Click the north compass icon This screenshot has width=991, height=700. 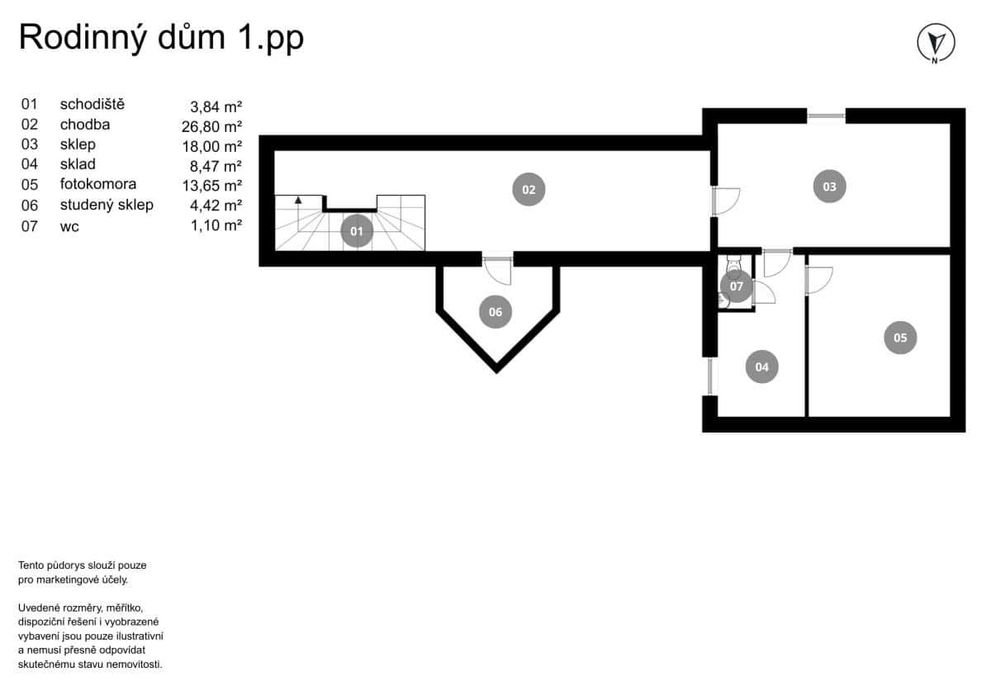coord(936,42)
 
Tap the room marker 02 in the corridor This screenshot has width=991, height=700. coord(529,189)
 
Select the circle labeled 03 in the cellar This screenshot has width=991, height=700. coord(829,187)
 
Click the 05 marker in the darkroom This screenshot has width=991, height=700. coord(900,337)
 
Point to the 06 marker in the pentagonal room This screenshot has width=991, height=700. coord(495,312)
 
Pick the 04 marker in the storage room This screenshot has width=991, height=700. coord(761,366)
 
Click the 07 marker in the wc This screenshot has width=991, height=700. coord(736,286)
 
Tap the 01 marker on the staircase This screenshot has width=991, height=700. coord(357,232)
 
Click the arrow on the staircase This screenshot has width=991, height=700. coord(298,201)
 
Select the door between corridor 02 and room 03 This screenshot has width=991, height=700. coord(724,201)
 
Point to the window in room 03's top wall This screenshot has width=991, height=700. coord(826,116)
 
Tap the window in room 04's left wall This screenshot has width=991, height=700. coord(709,376)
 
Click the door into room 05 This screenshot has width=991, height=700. coord(818,278)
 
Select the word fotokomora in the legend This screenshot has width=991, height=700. coord(97,184)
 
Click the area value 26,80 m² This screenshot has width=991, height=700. coord(211,126)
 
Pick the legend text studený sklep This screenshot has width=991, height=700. coord(107,205)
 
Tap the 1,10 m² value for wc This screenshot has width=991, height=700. coord(216,225)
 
